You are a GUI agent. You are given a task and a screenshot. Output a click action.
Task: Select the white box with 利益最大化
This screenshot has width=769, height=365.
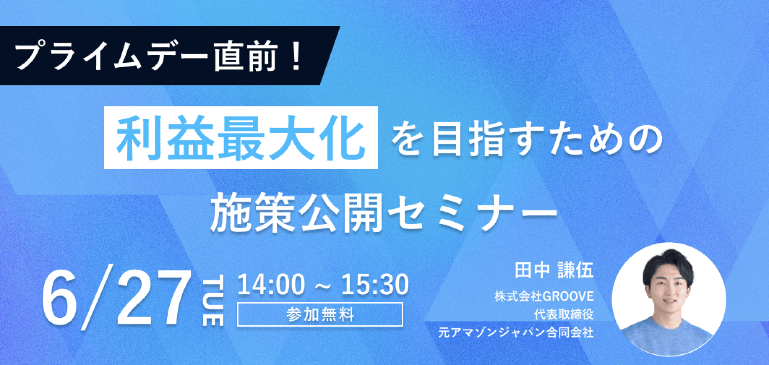[x=241, y=138]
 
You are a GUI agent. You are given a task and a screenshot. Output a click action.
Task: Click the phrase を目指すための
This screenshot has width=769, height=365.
[x=527, y=138]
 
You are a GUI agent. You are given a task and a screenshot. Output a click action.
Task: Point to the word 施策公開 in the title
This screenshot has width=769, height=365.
[x=296, y=213]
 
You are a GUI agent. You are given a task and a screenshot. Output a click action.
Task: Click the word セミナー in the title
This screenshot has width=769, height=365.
[x=471, y=213]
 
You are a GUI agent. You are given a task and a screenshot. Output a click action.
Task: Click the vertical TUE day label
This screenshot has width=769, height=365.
[x=213, y=300]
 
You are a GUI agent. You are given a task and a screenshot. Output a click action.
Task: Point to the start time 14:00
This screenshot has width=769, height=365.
[x=271, y=285]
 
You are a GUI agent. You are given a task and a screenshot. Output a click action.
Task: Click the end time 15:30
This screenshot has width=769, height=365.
[x=375, y=285]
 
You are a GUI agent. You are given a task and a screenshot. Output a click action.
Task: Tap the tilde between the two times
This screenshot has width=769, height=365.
[x=323, y=287]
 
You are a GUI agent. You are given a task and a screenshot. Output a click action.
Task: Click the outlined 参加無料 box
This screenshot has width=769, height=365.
[x=320, y=315]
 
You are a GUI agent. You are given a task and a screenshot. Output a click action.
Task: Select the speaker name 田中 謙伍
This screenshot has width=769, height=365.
[x=554, y=270]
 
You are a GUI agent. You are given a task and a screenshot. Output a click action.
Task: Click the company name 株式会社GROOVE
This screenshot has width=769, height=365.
[x=544, y=296]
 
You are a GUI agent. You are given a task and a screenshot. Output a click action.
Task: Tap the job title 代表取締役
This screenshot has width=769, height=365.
[x=564, y=314]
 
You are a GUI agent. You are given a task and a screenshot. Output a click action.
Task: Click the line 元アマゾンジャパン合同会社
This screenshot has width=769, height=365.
[x=516, y=332]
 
